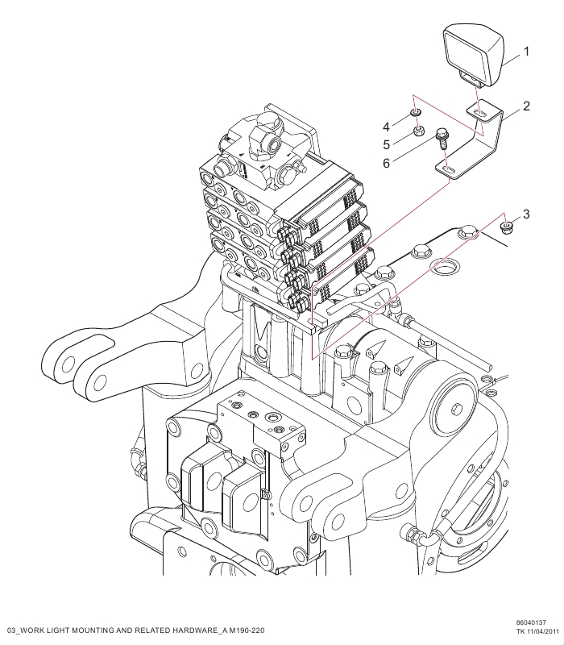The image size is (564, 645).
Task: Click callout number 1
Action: coord(526,52)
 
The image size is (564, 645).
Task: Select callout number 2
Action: coord(526,106)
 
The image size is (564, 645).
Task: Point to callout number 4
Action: coord(386,127)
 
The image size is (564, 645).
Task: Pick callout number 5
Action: coord(386,144)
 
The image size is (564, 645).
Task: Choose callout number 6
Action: coord(386,163)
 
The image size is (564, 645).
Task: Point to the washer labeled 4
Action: coord(414,113)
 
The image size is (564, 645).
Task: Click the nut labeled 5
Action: coord(417,131)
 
